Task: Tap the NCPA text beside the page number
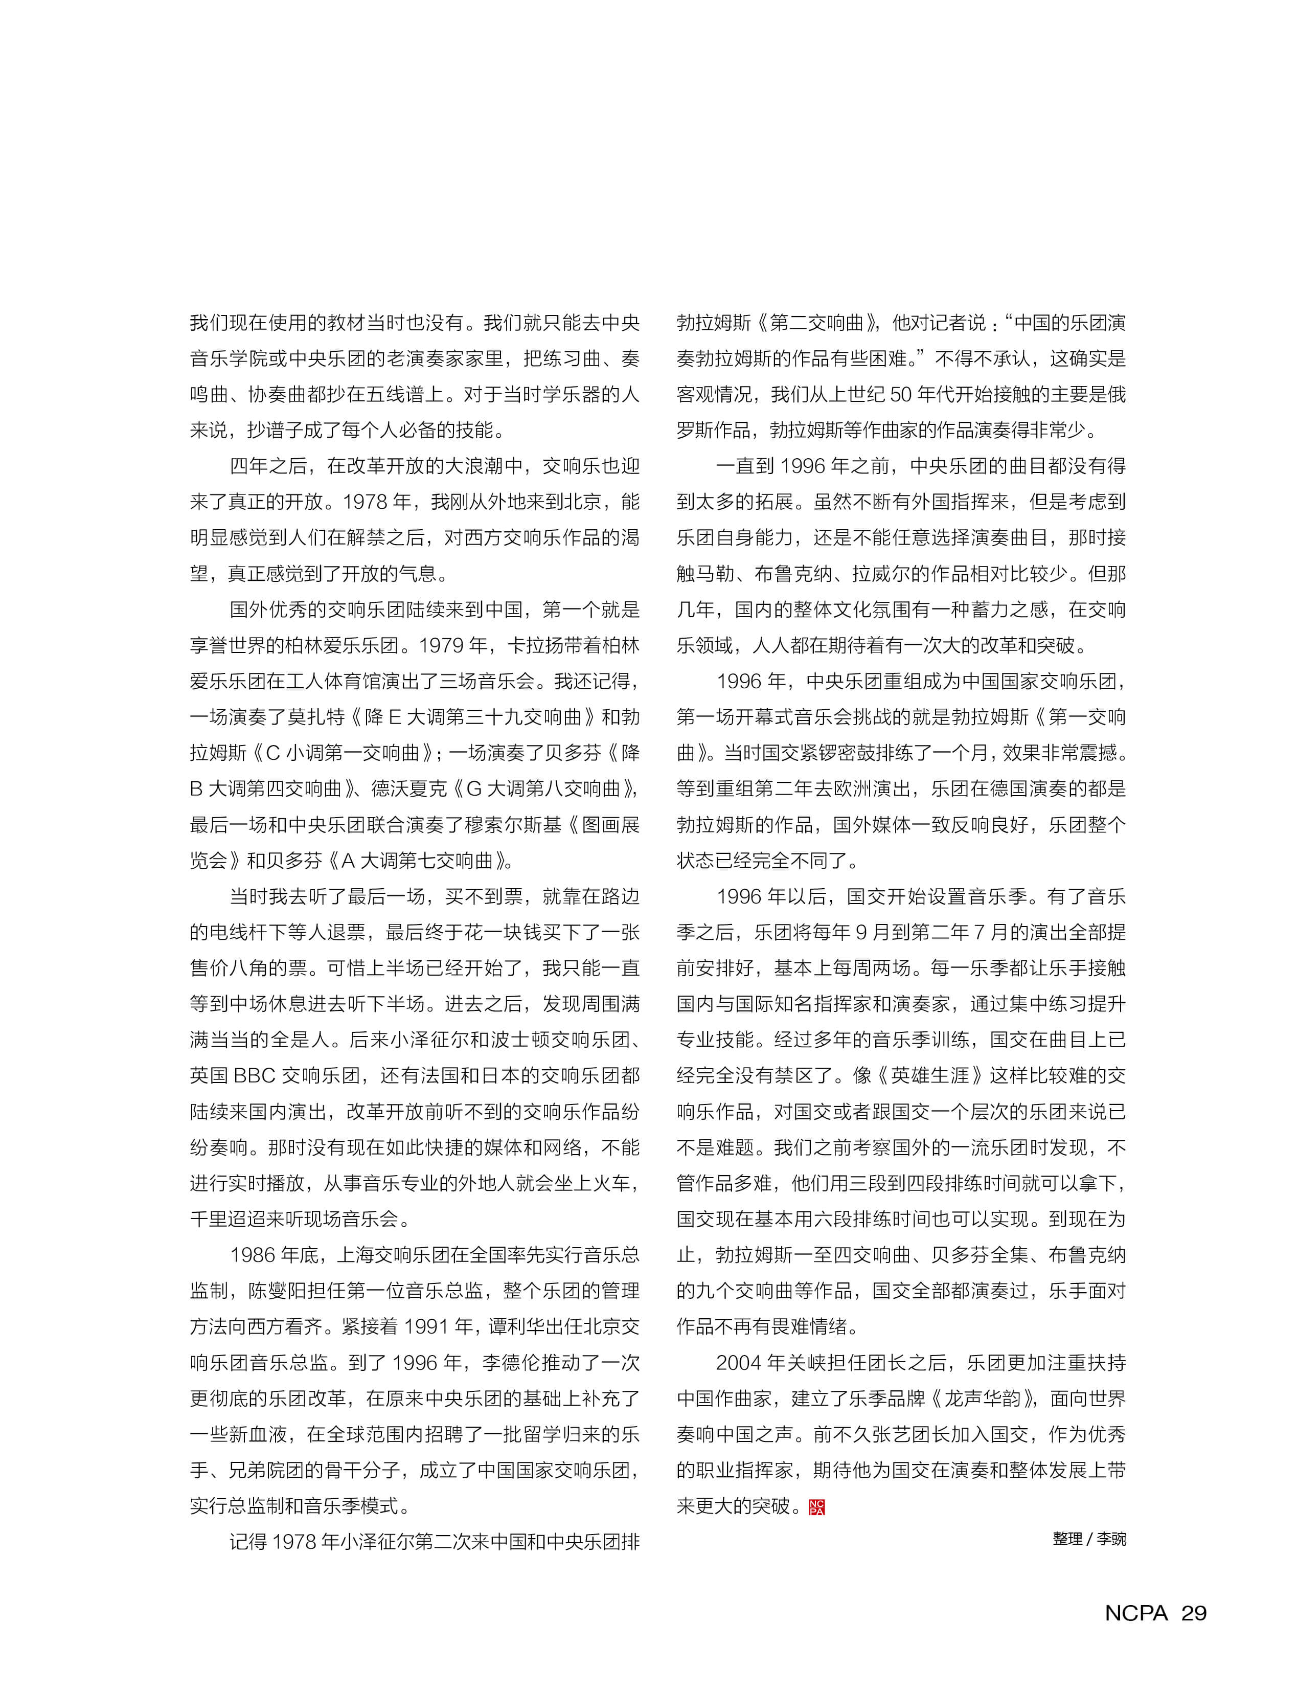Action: (x=1136, y=1613)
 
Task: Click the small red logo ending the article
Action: (x=816, y=1507)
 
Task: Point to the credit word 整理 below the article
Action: (x=1067, y=1539)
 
